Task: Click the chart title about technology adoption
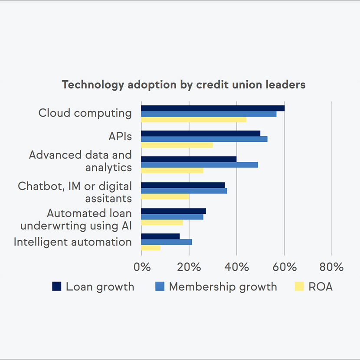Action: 184,85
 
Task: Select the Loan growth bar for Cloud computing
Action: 213,108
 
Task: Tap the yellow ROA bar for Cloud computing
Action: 193,120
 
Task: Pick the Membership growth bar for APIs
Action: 204,139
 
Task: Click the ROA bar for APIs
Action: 177,145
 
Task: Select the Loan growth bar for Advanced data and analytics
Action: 189,159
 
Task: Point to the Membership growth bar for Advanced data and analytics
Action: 200,165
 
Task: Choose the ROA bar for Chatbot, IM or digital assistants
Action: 165,196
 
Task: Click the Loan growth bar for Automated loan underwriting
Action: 173,211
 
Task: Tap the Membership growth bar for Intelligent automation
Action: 167,242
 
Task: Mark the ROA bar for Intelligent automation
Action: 151,248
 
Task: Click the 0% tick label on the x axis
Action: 142,267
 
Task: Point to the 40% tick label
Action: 237,267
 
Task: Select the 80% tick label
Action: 332,267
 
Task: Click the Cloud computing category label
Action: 85,113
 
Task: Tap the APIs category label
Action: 120,136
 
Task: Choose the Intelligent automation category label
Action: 73,242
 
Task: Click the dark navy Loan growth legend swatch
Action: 57,286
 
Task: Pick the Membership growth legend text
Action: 223,287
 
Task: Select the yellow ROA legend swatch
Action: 299,286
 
